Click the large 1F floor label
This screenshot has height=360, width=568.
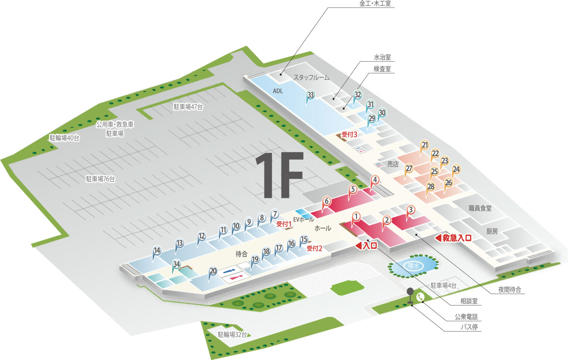280,175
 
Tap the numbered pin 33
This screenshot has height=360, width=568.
311,95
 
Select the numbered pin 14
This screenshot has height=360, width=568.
157,251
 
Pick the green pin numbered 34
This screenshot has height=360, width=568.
176,264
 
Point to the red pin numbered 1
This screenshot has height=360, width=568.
356,217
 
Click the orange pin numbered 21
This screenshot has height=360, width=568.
425,145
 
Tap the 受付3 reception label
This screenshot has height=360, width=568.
349,135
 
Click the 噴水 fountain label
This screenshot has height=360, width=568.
413,266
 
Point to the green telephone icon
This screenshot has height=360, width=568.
420,296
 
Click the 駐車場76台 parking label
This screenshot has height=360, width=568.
100,179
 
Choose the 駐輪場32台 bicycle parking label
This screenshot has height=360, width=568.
232,334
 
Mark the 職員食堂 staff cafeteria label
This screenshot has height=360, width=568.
480,208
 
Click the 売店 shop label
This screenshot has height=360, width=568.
393,164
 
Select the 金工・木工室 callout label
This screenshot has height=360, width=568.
375,4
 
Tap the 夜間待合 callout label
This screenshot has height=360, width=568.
509,290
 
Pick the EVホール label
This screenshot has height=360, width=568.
303,220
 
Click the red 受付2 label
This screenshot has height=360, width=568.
314,248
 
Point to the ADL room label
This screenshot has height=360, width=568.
278,91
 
